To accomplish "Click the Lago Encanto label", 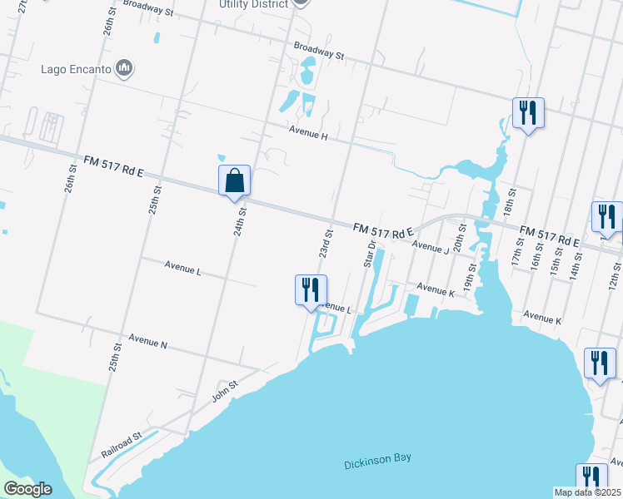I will [x=77, y=68].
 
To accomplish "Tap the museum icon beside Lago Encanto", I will [x=125, y=68].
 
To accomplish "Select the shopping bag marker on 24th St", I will [x=234, y=180].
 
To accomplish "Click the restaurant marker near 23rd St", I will [x=311, y=289].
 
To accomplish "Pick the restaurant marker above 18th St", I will [x=528, y=112].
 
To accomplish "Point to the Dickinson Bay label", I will [x=377, y=461].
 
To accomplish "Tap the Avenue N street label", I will [x=148, y=341].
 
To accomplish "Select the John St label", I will [x=225, y=389].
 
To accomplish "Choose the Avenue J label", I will [x=431, y=248].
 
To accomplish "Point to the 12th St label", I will [x=615, y=274].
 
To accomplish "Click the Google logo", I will [x=27, y=489].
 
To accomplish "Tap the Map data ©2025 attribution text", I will [x=587, y=492].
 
